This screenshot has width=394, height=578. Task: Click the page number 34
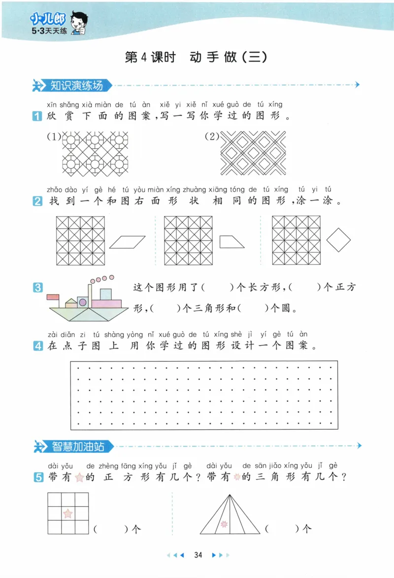pos(198,555)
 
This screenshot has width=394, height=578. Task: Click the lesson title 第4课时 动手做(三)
pos(196,57)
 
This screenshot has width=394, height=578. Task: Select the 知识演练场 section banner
pos(76,85)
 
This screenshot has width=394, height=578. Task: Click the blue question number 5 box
pos(37,477)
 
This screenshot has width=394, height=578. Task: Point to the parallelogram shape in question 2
pos(128,241)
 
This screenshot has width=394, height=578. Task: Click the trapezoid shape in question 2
pos(232,241)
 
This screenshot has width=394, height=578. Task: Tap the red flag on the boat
pos(53,297)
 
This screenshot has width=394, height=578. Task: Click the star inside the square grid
pos(68,514)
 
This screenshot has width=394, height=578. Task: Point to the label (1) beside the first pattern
pos(53,137)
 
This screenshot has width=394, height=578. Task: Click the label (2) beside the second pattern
pos(212,137)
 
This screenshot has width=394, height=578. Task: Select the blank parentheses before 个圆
pos(252,309)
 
